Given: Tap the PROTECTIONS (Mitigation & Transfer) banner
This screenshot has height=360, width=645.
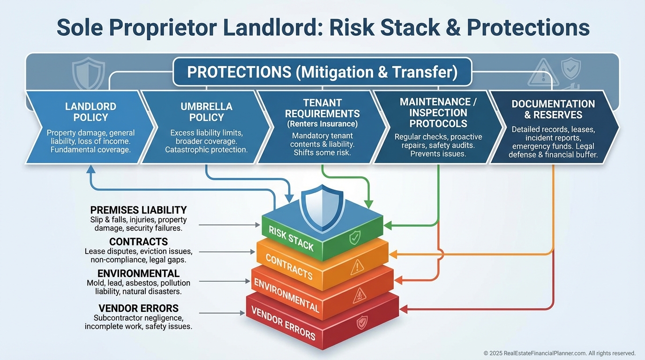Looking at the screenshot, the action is [x=322, y=72].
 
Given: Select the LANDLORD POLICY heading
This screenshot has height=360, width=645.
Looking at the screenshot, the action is [x=91, y=112].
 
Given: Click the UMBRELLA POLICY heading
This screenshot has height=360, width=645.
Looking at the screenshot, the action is [x=206, y=112].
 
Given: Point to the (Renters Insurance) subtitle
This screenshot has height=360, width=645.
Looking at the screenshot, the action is [x=322, y=124].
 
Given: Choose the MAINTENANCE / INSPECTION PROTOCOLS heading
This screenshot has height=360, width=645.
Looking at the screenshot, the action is [x=438, y=112].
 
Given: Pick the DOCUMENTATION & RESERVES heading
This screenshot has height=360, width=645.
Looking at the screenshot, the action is [x=553, y=109].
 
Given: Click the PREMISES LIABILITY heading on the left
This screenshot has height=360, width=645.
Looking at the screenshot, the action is [x=138, y=210].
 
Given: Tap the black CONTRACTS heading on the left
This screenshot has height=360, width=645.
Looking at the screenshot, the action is [x=138, y=241].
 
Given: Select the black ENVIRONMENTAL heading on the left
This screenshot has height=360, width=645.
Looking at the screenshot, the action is [x=138, y=273].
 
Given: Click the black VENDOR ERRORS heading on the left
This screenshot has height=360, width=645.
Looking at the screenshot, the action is [x=138, y=308].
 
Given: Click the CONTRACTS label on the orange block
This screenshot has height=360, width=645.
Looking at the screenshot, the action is [x=289, y=267].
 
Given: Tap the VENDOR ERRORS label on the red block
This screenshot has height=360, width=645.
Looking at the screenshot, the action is [x=283, y=323].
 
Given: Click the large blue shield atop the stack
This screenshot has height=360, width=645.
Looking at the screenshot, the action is [x=322, y=208].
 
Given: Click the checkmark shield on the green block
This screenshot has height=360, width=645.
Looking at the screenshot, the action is [x=355, y=238].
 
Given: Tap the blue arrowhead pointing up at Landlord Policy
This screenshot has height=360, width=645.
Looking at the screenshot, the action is [x=91, y=169].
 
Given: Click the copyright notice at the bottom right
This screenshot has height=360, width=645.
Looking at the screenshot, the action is [x=559, y=353].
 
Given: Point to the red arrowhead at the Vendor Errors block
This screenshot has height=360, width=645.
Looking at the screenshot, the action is [x=403, y=309].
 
